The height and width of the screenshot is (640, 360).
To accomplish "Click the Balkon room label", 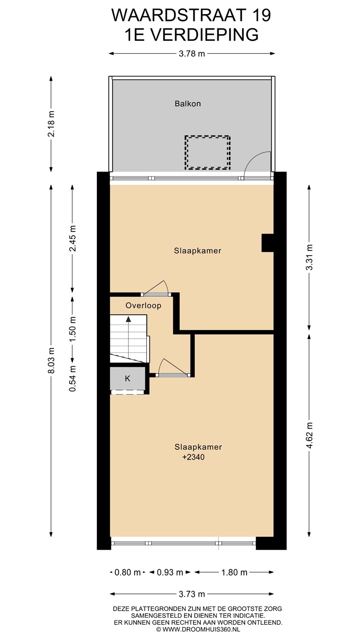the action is (x=188, y=104).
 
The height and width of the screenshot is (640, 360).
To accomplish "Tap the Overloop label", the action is (x=144, y=306).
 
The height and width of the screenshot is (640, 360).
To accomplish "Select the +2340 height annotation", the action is (x=193, y=457).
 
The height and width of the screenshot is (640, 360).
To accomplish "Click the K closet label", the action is (x=128, y=379).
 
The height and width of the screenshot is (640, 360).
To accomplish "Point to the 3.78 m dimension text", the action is (x=192, y=54).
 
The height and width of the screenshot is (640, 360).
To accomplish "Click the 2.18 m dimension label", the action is (x=52, y=124).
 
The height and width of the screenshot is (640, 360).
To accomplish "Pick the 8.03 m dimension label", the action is (x=52, y=360).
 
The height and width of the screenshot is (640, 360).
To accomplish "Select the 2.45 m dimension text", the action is (x=72, y=239).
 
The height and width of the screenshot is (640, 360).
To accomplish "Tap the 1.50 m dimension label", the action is (x=72, y=328).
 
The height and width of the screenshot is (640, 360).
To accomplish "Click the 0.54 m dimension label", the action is (x=72, y=379).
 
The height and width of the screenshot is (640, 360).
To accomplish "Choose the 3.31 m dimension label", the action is (x=309, y=257).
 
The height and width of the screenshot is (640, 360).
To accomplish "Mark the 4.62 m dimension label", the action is (x=309, y=435).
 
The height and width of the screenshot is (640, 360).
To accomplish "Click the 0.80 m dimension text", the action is (x=128, y=572).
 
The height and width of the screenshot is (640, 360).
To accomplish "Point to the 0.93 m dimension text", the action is (x=170, y=572).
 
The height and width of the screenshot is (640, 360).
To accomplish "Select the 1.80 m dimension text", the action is (x=234, y=572).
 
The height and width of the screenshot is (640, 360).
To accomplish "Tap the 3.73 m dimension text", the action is (x=192, y=594).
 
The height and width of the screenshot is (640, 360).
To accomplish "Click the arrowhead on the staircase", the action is (x=128, y=319).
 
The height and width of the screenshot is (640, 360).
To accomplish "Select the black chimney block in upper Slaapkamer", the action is (x=268, y=243).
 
